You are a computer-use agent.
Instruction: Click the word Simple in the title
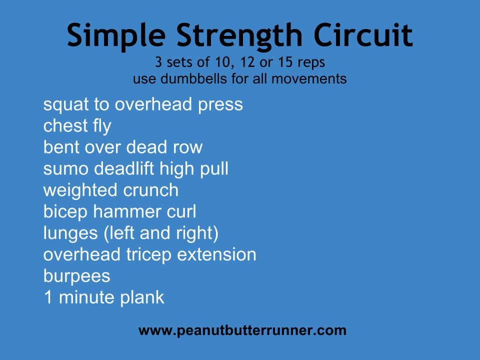[x=116, y=36]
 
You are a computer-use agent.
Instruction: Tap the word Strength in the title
[x=239, y=36]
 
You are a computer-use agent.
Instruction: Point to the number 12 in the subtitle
[x=247, y=62]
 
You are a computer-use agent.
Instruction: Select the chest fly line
[x=77, y=126]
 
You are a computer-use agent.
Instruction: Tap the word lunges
[x=70, y=234]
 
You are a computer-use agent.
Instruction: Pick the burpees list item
[x=77, y=276]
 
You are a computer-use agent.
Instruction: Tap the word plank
[x=142, y=297]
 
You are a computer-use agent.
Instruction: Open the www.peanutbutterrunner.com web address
[x=242, y=331]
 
